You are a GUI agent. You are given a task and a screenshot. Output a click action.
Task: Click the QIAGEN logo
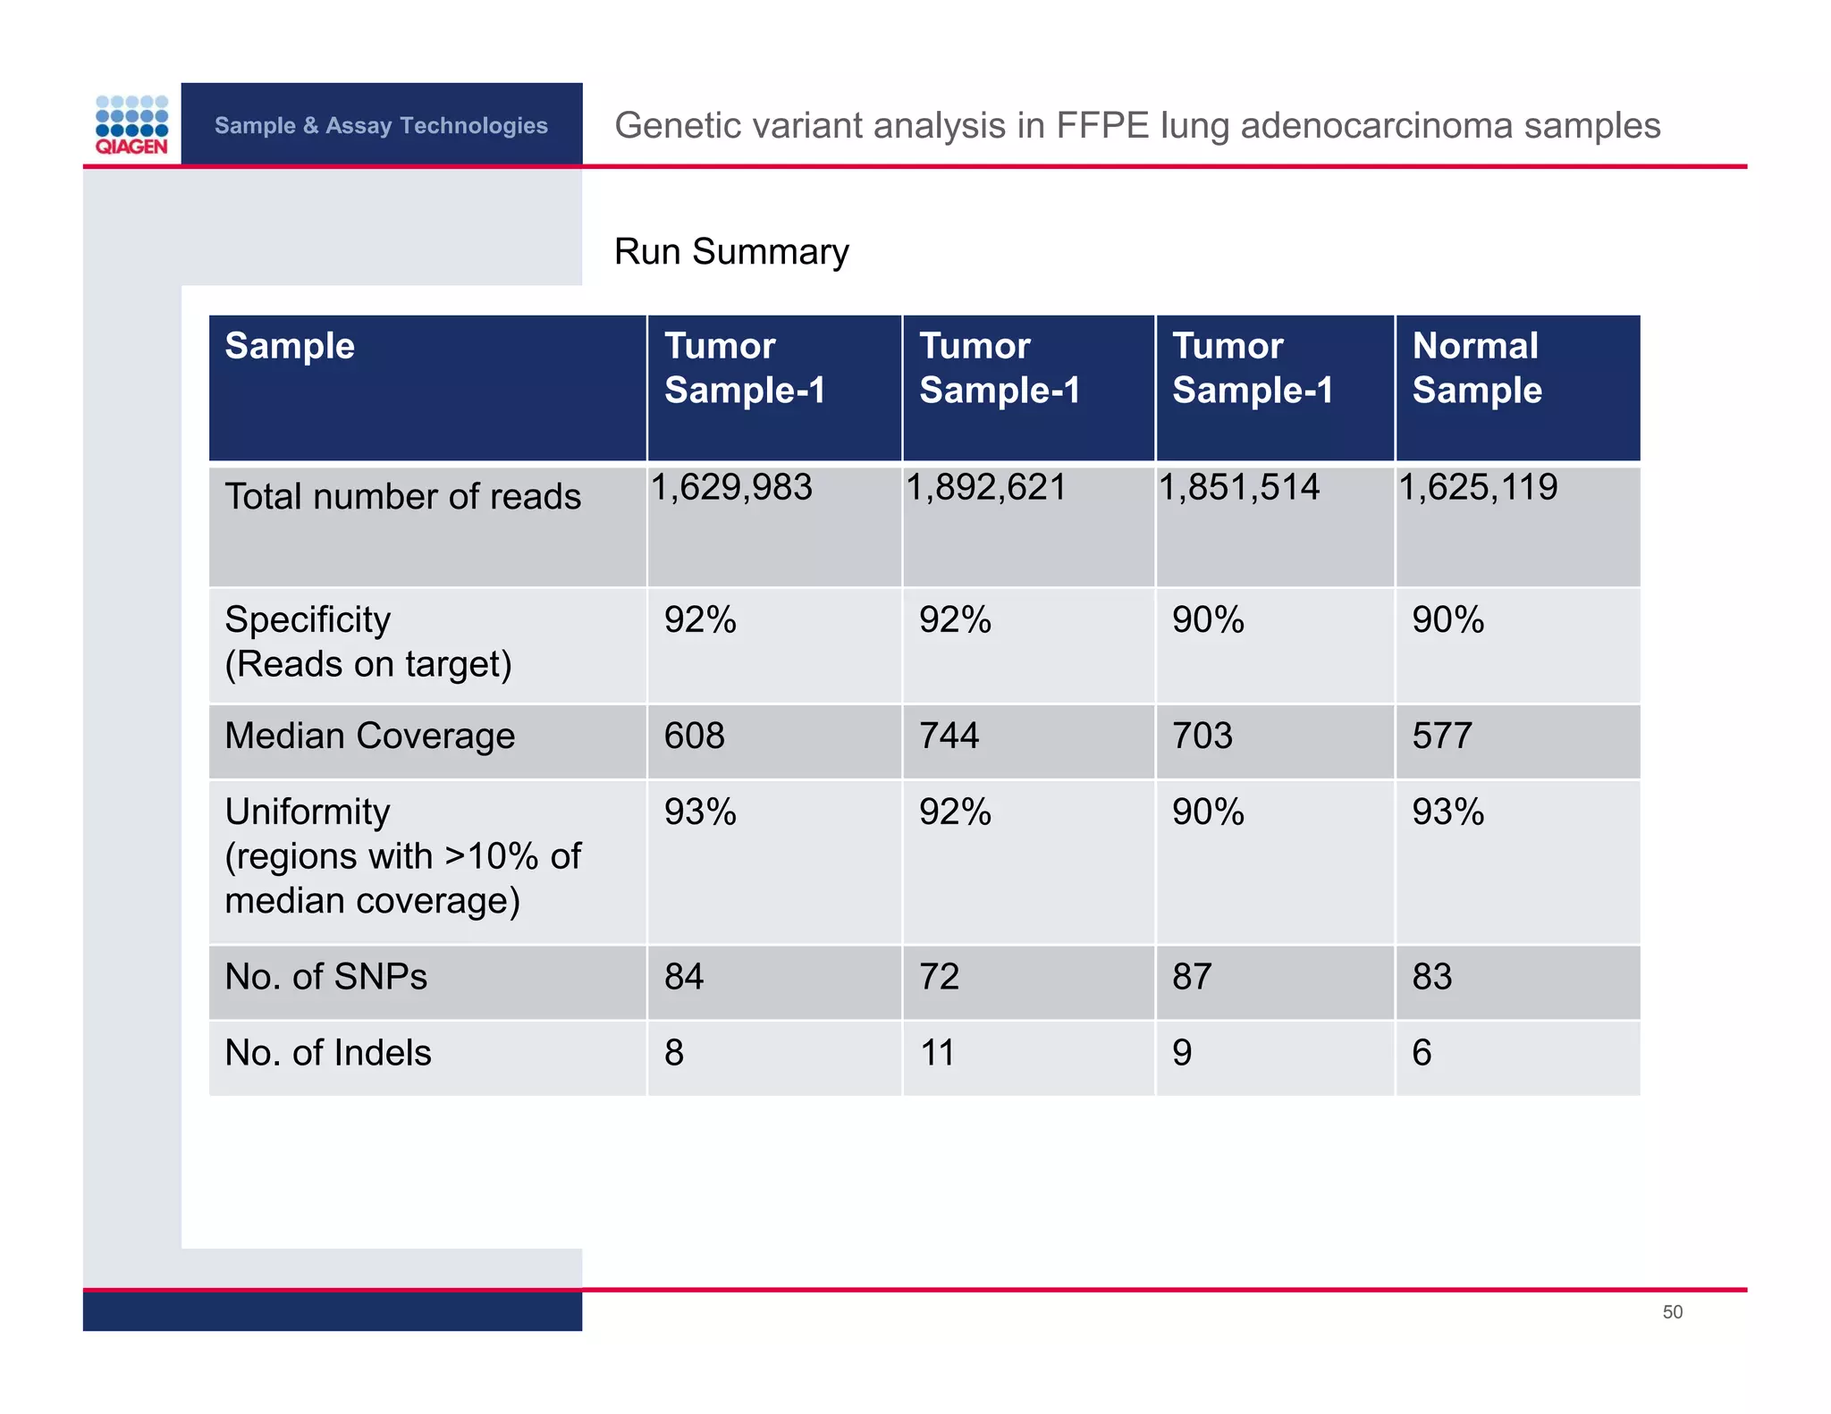coord(131,125)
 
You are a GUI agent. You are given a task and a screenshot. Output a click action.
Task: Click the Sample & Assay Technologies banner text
coord(381,125)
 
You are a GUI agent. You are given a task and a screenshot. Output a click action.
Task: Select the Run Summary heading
coord(730,252)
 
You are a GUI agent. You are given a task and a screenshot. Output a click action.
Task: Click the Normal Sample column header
coord(1476,368)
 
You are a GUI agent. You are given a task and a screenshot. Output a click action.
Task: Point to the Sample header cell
coord(290,346)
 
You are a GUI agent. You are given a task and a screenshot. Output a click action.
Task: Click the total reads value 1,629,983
coord(731,488)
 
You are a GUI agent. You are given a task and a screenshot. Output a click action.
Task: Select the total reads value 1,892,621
coord(986,488)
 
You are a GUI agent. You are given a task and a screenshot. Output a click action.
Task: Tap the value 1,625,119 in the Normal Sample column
coord(1478,488)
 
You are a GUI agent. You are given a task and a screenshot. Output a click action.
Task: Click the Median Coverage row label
coord(369,736)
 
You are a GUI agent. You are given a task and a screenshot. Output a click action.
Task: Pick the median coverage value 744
coord(949,736)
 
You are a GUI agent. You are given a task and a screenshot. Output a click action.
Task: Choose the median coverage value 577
coord(1441,736)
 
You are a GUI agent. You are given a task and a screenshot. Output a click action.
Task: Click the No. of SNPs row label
coord(325,977)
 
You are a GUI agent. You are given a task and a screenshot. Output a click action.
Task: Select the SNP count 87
coord(1192,977)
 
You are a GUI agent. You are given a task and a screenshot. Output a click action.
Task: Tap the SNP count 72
coord(939,977)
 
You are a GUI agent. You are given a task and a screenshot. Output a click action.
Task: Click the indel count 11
coord(937,1053)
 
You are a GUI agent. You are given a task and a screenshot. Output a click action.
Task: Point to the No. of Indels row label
coord(327,1053)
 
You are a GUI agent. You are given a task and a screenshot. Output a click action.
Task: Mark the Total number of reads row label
coord(402,497)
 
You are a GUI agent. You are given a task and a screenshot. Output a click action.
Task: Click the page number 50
coord(1672,1312)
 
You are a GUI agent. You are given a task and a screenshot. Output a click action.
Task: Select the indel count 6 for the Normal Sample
coord(1422,1053)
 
